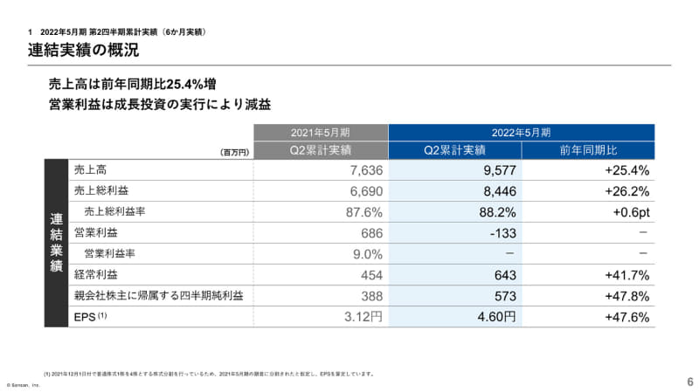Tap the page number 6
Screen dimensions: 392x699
(689, 382)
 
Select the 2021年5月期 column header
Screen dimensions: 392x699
(320, 133)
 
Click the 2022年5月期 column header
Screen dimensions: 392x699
(521, 133)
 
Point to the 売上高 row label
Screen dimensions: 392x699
(91, 169)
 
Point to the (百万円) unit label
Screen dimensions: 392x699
(234, 152)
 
